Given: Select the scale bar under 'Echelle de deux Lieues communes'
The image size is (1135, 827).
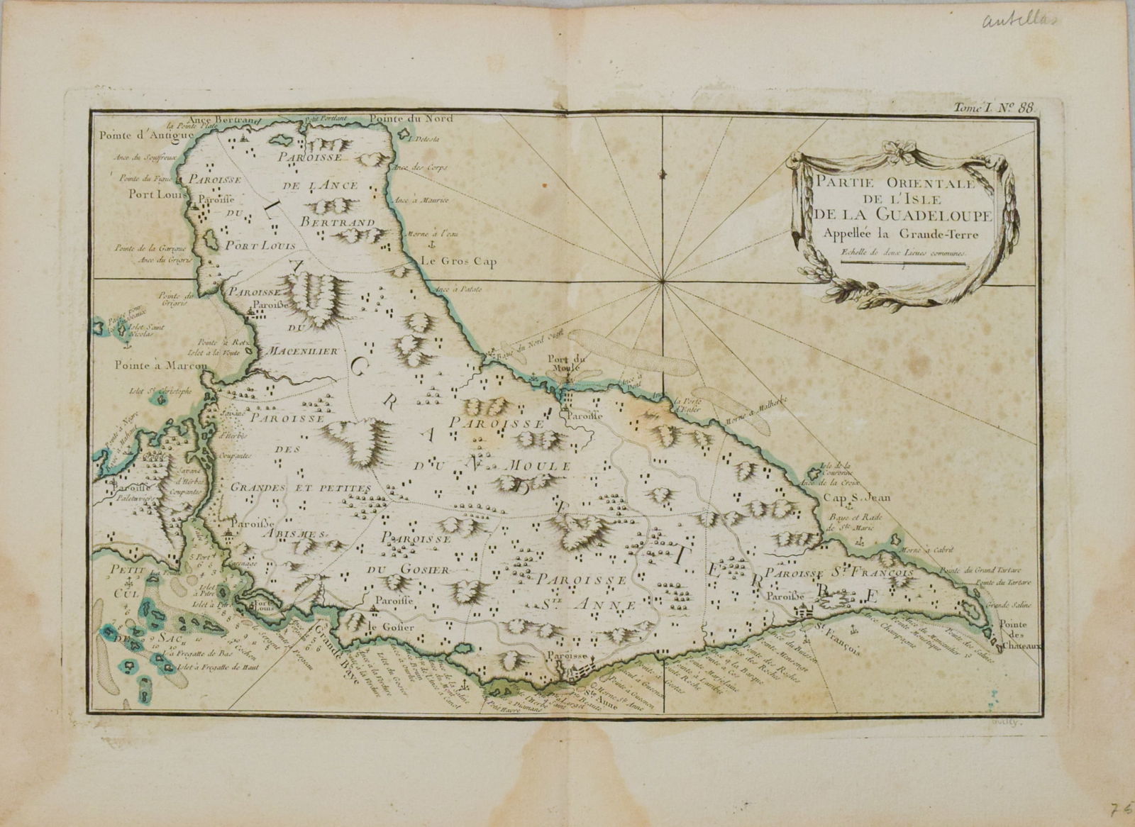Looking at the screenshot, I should pos(901,262).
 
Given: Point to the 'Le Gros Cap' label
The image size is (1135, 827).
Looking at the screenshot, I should pos(458,261).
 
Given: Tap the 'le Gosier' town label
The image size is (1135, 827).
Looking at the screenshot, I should pos(384,628).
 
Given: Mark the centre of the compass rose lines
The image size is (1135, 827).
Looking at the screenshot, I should pos(661,282).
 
